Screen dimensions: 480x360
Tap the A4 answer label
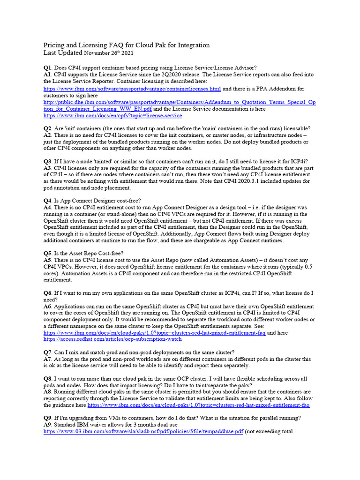pyautogui.click(x=48, y=207)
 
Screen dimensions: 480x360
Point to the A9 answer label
pyautogui.click(x=48, y=425)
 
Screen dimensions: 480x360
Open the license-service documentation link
pyautogui.click(x=113, y=115)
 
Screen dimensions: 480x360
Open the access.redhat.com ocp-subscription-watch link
pyautogui.click(x=112, y=339)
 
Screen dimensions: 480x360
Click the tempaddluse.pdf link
pyautogui.click(x=143, y=432)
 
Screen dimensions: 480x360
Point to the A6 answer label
pyautogui.click(x=48, y=306)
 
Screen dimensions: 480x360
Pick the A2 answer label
pyautogui.click(x=48, y=135)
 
